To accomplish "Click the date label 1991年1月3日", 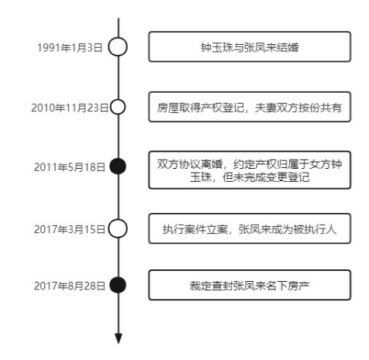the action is pyautogui.click(x=70, y=48).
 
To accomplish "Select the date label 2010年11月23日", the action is pyautogui.click(x=70, y=108).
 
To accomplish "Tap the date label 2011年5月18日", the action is pyautogui.click(x=70, y=167).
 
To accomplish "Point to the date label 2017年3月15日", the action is pyautogui.click(x=70, y=229).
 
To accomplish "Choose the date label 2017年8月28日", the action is pyautogui.click(x=70, y=286).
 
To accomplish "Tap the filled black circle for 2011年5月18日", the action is pyautogui.click(x=118, y=166).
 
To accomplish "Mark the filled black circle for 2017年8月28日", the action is pyautogui.click(x=118, y=285).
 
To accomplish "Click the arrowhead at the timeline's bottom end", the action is pyautogui.click(x=119, y=338).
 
